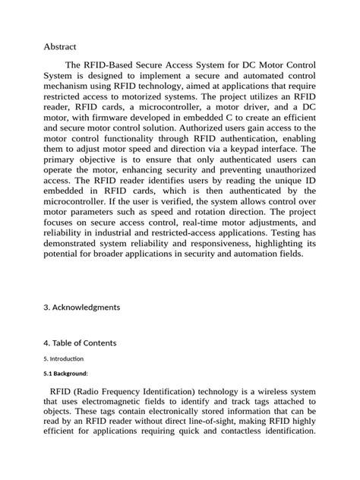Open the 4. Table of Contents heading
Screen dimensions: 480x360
(80, 343)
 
